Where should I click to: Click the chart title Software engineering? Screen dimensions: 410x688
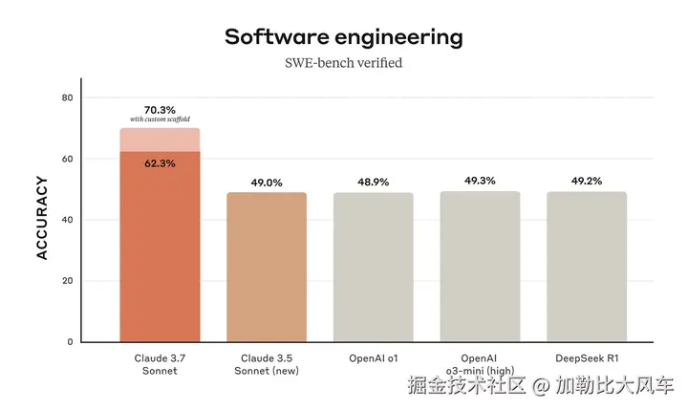coord(344,37)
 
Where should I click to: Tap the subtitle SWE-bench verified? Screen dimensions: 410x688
coord(344,64)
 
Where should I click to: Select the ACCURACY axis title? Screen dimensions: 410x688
coord(42,218)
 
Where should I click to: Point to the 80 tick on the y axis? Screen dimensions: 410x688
coord(67,97)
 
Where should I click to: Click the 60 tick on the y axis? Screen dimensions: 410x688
coord(67,159)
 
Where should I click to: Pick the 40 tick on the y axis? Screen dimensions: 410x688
coord(67,220)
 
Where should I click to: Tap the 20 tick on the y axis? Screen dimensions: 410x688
coord(67,281)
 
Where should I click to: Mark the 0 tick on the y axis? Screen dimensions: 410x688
coord(69,341)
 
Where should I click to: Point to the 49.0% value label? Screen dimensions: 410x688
coord(267,182)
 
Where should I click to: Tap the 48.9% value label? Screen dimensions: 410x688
coord(373,182)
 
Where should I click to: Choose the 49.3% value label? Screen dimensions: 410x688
coord(480,181)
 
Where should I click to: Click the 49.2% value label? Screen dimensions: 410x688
coord(586,181)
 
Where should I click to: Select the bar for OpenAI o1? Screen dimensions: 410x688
coord(373,268)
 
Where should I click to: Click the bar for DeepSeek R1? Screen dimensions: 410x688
coord(586,268)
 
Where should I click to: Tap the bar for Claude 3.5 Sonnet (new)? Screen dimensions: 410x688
coord(267,268)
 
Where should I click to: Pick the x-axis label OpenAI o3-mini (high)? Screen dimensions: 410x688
coord(480,364)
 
